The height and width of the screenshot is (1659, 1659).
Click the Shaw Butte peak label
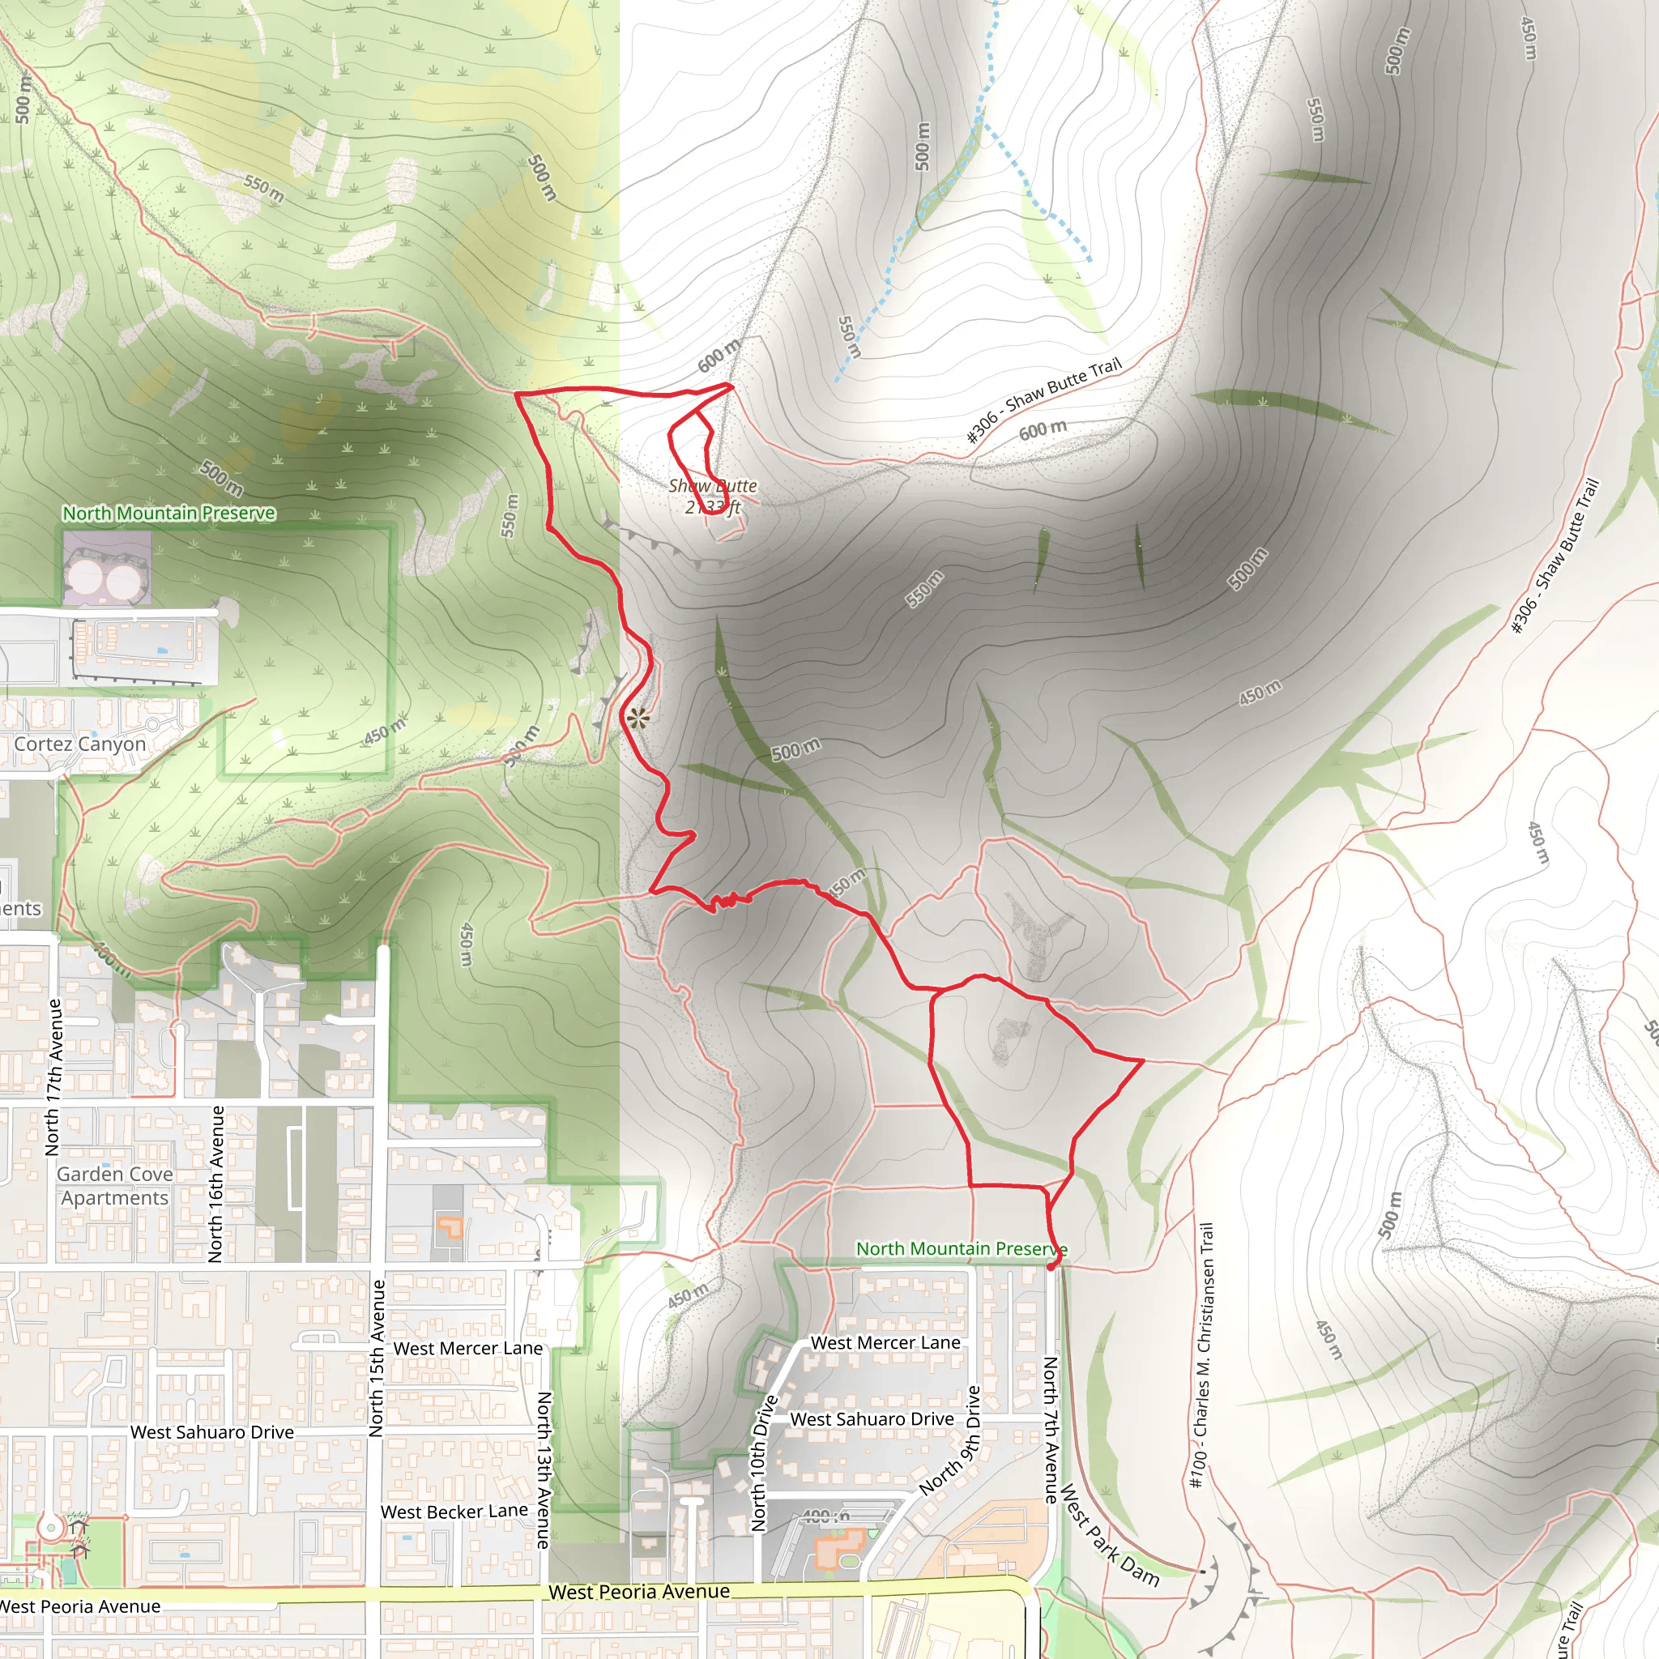click(713, 496)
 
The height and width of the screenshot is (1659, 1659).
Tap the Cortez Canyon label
click(80, 744)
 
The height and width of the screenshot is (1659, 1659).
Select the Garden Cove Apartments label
click(115, 1185)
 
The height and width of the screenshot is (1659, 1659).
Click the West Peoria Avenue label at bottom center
click(639, 1591)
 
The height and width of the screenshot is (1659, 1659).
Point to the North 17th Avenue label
click(53, 1077)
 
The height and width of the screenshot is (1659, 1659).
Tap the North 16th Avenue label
click(215, 1184)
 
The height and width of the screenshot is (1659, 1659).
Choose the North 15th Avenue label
click(376, 1358)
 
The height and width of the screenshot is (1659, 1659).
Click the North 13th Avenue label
click(544, 1469)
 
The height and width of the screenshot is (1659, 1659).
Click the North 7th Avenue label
click(1050, 1430)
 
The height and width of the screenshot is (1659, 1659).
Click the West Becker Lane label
click(454, 1512)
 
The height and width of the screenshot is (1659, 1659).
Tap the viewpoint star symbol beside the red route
click(638, 719)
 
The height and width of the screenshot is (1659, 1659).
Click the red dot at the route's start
click(1053, 1264)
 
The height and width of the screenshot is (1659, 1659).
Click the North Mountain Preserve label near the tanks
click(169, 513)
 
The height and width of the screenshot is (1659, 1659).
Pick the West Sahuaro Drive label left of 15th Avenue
click(212, 1432)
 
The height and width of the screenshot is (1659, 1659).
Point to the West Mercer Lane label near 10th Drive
click(885, 1343)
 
